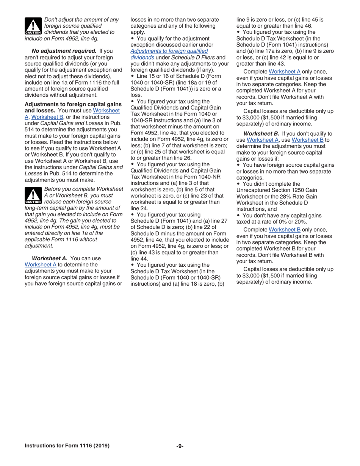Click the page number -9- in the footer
pyautogui.click(x=180, y=446)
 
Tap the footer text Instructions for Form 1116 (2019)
pyautogui.click(x=67, y=446)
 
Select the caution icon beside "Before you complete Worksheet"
pyautogui.click(x=33, y=195)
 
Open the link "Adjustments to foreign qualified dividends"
pyautogui.click(x=169, y=54)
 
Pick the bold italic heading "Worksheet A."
pyautogui.click(x=50, y=258)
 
